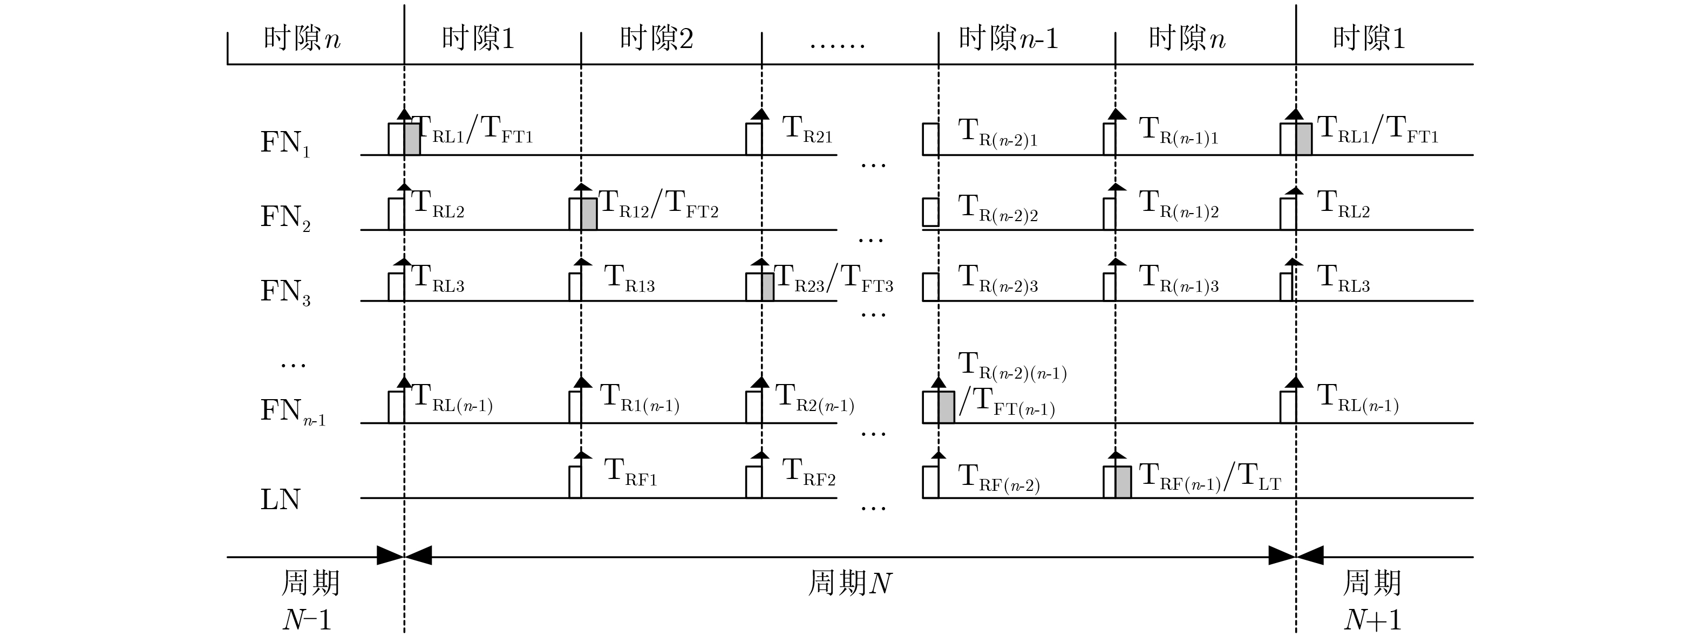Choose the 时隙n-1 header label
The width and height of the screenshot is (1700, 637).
click(1008, 38)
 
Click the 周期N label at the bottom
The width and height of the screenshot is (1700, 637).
click(850, 584)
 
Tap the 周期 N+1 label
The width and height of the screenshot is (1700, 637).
click(1372, 600)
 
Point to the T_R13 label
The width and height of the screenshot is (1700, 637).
click(629, 278)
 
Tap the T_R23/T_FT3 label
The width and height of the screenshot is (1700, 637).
click(833, 278)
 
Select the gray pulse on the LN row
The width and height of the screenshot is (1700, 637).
click(1123, 482)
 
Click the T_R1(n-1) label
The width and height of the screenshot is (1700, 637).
click(639, 398)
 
